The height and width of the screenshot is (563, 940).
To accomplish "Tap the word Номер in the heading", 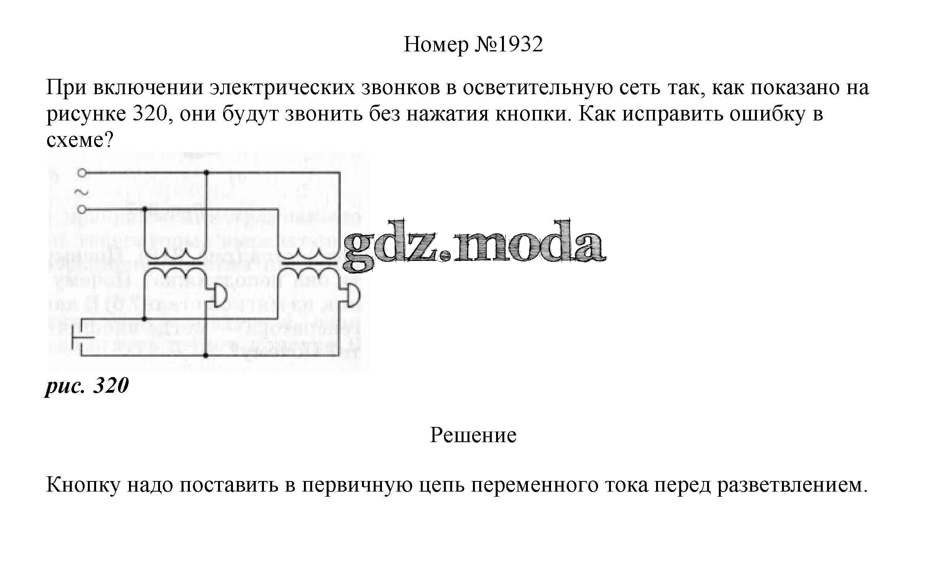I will pyautogui.click(x=436, y=44).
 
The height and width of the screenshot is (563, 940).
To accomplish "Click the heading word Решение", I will pyautogui.click(x=473, y=435).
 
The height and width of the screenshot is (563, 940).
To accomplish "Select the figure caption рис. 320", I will pyautogui.click(x=87, y=385).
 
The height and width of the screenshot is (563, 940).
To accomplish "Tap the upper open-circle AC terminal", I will pyautogui.click(x=82, y=173).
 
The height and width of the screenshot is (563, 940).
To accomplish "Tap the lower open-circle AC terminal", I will pyautogui.click(x=82, y=210).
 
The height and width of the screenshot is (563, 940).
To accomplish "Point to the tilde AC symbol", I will pyautogui.click(x=81, y=192).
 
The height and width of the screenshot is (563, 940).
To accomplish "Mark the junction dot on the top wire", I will pyautogui.click(x=206, y=173).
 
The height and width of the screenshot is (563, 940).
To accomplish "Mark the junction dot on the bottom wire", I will pyautogui.click(x=206, y=355).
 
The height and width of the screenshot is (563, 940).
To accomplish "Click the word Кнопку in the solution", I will pyautogui.click(x=82, y=485).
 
